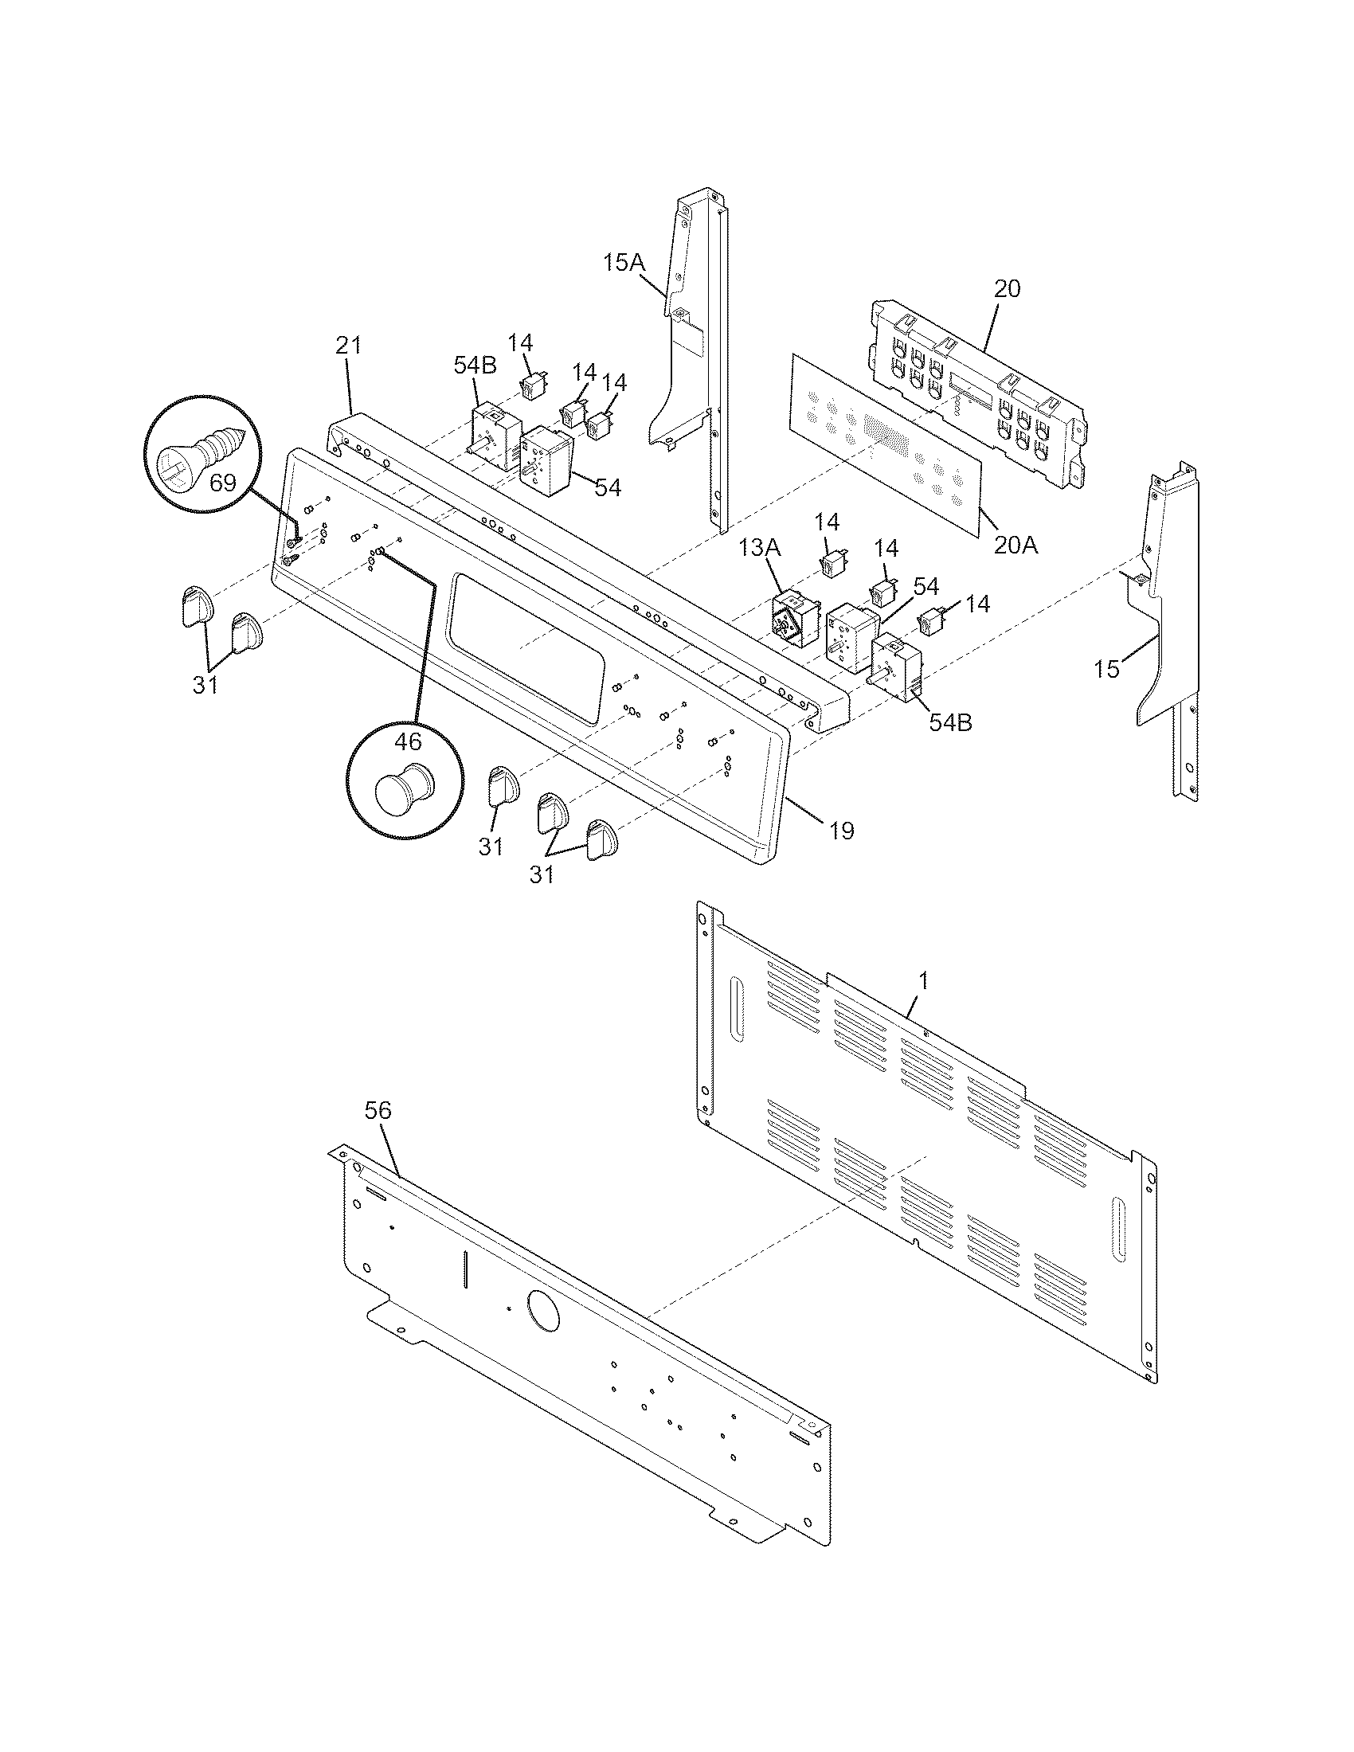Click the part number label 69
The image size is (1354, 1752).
pyautogui.click(x=222, y=483)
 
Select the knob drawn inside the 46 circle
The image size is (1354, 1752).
pyautogui.click(x=405, y=787)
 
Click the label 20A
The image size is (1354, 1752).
pyautogui.click(x=1015, y=546)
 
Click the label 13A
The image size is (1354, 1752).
pyautogui.click(x=759, y=548)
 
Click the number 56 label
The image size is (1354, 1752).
pyautogui.click(x=378, y=1110)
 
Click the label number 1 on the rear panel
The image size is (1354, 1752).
pyautogui.click(x=924, y=980)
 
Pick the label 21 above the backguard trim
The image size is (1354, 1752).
pyautogui.click(x=348, y=346)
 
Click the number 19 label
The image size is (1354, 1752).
pyautogui.click(x=841, y=831)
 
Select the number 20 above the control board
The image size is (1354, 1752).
pyautogui.click(x=1008, y=289)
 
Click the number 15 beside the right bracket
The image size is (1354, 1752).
pyautogui.click(x=1107, y=669)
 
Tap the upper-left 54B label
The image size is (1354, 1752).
pyautogui.click(x=475, y=366)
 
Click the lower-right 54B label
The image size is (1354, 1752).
pyautogui.click(x=950, y=722)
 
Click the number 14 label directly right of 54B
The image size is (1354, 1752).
pyautogui.click(x=521, y=343)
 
